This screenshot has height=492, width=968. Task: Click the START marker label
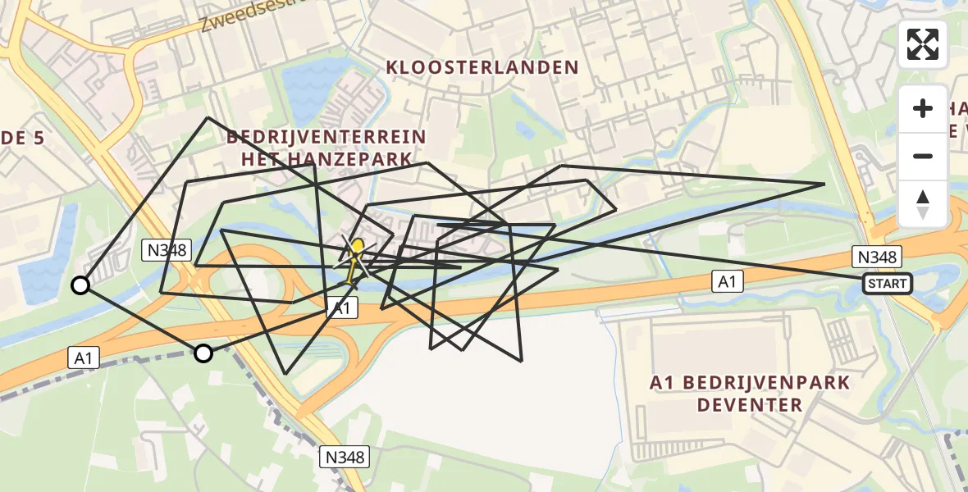click(887, 284)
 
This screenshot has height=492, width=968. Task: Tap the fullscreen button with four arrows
click(923, 44)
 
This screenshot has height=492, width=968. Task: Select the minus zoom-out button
click(923, 156)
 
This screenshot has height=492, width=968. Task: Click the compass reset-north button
click(923, 203)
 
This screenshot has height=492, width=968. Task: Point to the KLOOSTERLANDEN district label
click(482, 67)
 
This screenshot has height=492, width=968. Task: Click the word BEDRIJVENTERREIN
click(326, 137)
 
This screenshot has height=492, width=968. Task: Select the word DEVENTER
click(750, 405)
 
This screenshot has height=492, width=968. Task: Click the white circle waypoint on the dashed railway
click(203, 353)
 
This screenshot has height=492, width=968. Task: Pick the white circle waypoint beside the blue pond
click(80, 285)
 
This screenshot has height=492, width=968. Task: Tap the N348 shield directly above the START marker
click(877, 257)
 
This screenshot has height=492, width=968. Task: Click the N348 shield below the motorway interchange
click(344, 457)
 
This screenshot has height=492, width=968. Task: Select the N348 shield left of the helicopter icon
click(167, 250)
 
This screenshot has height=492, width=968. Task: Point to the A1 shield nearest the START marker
click(727, 282)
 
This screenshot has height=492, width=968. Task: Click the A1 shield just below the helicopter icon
click(343, 307)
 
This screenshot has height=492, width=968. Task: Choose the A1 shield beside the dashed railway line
click(82, 358)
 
